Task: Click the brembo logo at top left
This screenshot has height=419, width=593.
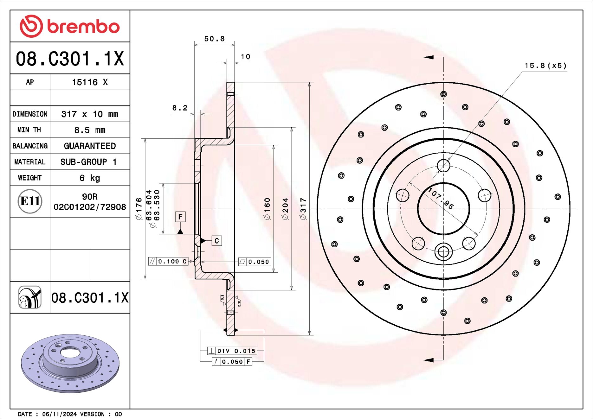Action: [x=70, y=26]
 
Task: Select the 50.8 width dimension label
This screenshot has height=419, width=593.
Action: [x=214, y=39]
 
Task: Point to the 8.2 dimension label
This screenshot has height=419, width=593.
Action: [x=180, y=108]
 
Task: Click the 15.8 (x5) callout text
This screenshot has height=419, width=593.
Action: [x=545, y=66]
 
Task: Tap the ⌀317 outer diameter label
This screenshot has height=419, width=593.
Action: [x=303, y=209]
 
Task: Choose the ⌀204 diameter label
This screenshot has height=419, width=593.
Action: [x=285, y=209]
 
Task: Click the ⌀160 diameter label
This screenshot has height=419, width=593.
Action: [x=267, y=209]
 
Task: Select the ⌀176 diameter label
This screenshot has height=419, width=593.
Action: [x=139, y=209]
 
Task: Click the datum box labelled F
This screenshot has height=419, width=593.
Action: [x=180, y=217]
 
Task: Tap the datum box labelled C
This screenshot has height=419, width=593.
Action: [x=216, y=241]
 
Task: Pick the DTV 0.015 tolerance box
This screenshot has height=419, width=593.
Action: [x=232, y=351]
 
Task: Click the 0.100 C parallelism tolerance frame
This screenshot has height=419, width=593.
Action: [x=168, y=261]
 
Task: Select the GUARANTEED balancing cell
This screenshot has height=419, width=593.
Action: [x=90, y=146]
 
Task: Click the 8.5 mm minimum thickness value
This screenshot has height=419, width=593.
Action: [x=90, y=130]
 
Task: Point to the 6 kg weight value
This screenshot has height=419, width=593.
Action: [x=90, y=178]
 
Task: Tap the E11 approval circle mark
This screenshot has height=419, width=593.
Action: [x=30, y=201]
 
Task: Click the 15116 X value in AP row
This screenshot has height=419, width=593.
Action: [x=90, y=82]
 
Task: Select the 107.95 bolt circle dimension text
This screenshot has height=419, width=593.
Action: [x=441, y=198]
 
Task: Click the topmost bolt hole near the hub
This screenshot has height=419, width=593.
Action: [x=443, y=165]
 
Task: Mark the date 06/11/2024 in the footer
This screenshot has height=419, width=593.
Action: [x=59, y=414]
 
